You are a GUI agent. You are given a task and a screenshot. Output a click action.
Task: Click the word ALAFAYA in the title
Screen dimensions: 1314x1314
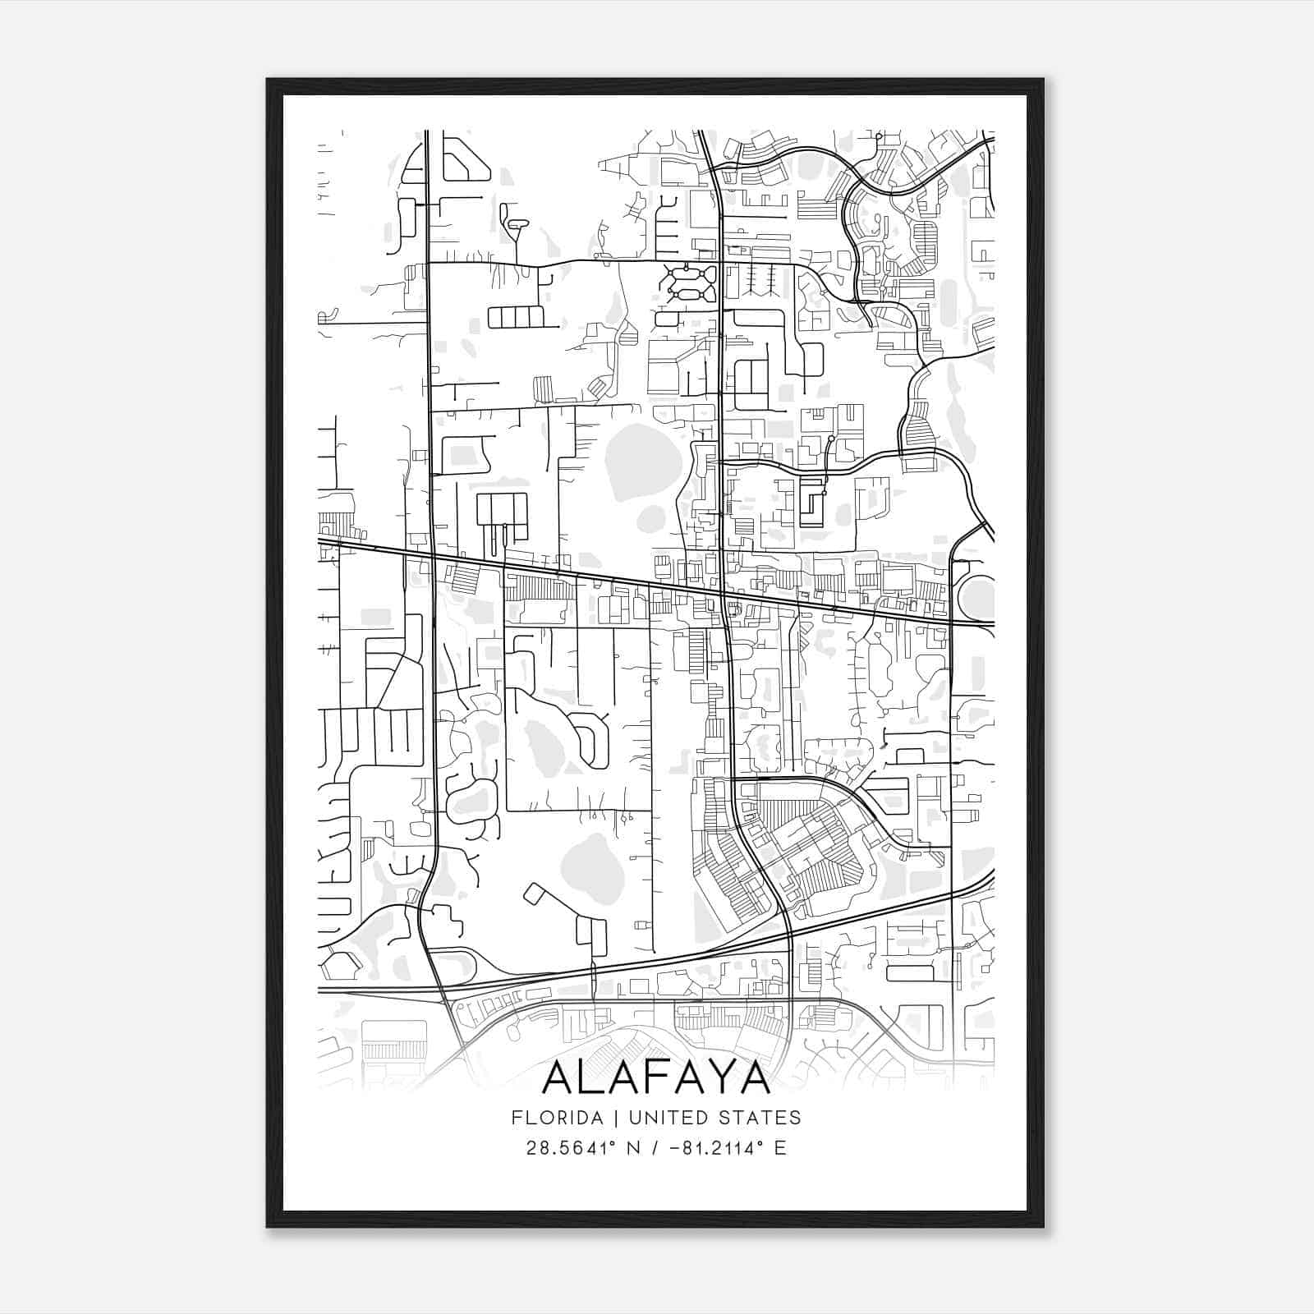coord(656,1078)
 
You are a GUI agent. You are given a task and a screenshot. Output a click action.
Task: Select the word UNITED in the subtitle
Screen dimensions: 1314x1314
coord(650,1118)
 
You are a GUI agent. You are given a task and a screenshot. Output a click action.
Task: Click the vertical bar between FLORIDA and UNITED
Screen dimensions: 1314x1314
coord(602,1118)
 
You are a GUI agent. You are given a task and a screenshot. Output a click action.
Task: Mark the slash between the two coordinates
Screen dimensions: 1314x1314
coord(653,1147)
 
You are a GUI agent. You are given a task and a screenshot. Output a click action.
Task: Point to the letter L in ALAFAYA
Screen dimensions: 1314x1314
coord(589,1078)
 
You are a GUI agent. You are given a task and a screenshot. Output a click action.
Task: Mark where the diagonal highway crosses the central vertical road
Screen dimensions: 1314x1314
coord(723,593)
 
